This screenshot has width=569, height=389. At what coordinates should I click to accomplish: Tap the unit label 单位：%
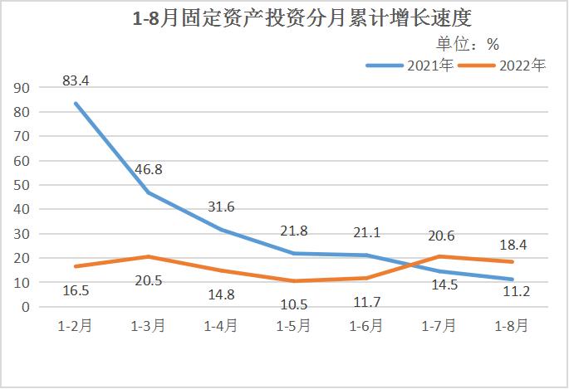(468, 44)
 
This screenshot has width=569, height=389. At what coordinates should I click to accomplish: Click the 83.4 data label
(76, 80)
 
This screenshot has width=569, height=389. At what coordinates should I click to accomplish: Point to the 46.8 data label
(148, 169)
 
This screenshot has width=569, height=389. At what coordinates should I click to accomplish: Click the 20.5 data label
(148, 280)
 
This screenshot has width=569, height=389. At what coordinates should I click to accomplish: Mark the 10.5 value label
(293, 304)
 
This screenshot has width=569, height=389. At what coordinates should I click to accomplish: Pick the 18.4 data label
(511, 246)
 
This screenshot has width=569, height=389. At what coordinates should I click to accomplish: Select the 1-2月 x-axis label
(76, 326)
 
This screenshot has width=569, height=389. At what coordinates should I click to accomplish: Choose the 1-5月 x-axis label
(293, 326)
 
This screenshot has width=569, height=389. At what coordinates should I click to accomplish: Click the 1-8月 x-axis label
(511, 326)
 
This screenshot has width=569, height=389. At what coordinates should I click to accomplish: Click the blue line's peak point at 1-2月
(76, 104)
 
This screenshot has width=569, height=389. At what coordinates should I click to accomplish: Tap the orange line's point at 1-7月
(439, 256)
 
